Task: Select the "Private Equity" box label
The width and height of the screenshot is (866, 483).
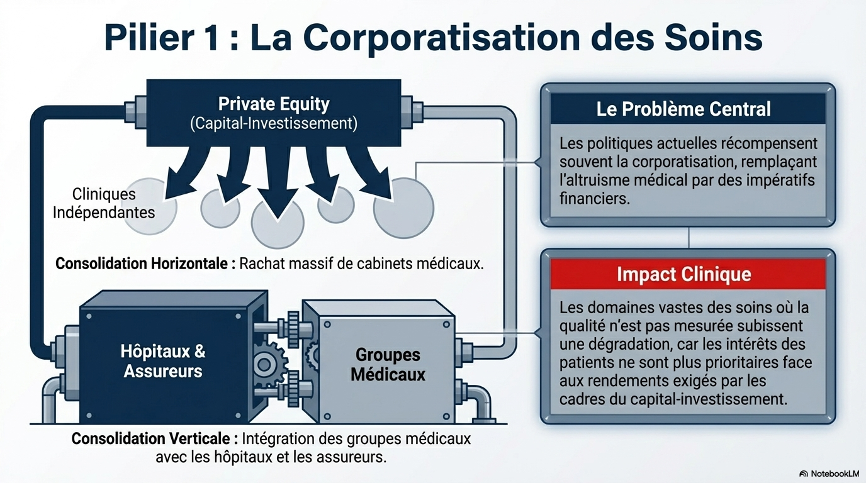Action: [x=273, y=104]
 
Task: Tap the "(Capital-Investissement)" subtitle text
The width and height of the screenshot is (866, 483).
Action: [x=273, y=123]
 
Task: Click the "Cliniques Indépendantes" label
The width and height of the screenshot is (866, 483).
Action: [x=104, y=203]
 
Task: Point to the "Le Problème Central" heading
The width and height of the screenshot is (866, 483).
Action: [x=683, y=109]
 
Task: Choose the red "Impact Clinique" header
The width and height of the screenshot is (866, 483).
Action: [x=683, y=275]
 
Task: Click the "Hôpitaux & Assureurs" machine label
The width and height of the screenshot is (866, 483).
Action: [x=163, y=361]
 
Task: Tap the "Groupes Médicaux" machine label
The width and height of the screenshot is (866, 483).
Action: [x=388, y=365]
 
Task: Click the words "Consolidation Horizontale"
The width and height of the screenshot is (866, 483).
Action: [x=141, y=264]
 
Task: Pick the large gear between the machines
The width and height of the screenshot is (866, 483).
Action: [x=271, y=364]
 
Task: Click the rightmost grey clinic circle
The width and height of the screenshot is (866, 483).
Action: [x=403, y=208]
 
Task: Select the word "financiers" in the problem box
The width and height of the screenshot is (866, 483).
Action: [x=594, y=199]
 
